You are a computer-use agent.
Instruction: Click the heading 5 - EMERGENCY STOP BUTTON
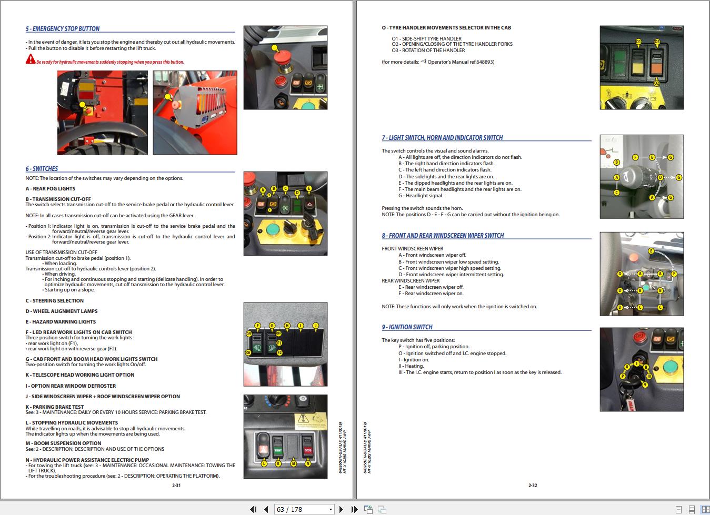pyautogui.click(x=63, y=29)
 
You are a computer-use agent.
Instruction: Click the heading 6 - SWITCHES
pyautogui.click(x=42, y=169)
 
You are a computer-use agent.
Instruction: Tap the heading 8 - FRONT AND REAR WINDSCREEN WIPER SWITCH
pyautogui.click(x=443, y=236)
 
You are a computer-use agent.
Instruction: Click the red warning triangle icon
pyautogui.click(x=31, y=59)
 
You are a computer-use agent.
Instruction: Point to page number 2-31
pyautogui.click(x=176, y=486)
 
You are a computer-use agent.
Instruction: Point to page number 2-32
pyautogui.click(x=533, y=486)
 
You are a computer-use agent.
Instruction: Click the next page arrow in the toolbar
pyautogui.click(x=341, y=509)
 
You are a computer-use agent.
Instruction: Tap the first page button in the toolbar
pyautogui.click(x=253, y=509)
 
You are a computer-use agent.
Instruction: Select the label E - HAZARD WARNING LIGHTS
pyautogui.click(x=61, y=322)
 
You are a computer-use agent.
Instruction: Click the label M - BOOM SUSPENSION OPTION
pyautogui.click(x=63, y=443)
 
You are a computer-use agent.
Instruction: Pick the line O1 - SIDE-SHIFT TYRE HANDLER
pyautogui.click(x=426, y=38)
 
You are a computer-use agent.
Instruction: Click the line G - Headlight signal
pyautogui.click(x=421, y=196)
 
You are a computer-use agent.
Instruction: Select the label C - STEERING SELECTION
pyautogui.click(x=54, y=301)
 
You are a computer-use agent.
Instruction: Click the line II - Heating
pyautogui.click(x=411, y=366)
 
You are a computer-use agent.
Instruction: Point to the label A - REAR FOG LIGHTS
pyautogui.click(x=51, y=189)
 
